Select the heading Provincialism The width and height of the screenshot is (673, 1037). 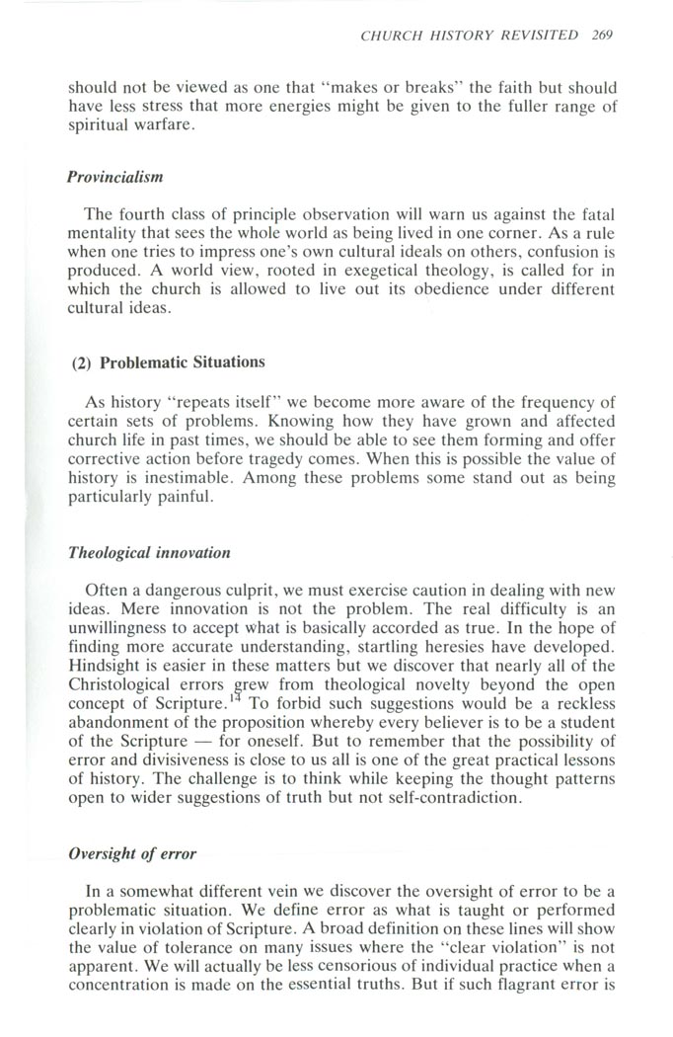pyautogui.click(x=114, y=178)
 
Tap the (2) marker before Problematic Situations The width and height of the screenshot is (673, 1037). pyautogui.click(x=82, y=362)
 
